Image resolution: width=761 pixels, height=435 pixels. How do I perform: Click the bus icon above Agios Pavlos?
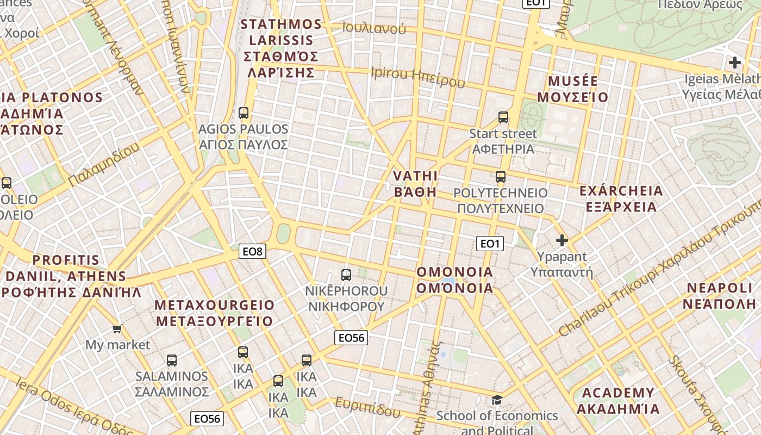[244, 113]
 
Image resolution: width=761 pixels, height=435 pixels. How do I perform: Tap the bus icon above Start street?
[503, 117]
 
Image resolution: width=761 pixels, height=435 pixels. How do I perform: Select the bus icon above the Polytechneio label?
[501, 177]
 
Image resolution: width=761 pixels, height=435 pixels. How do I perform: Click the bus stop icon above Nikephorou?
[346, 275]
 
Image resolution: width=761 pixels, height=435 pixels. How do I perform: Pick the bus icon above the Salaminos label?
[172, 360]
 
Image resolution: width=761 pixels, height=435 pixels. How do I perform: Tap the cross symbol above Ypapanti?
[562, 240]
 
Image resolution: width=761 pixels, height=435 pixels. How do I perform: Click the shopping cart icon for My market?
[117, 328]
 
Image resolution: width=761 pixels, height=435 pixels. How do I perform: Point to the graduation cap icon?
[497, 400]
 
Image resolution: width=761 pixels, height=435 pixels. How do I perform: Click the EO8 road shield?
[253, 251]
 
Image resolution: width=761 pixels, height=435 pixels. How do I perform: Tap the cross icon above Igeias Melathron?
[735, 63]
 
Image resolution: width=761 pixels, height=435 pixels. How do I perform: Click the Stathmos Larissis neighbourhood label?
[281, 48]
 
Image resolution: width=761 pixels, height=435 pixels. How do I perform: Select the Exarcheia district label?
[621, 199]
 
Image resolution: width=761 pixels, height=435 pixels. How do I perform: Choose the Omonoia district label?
[455, 280]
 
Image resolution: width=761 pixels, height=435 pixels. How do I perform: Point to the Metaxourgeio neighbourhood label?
[215, 313]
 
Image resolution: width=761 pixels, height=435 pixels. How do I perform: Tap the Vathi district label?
[416, 184]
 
